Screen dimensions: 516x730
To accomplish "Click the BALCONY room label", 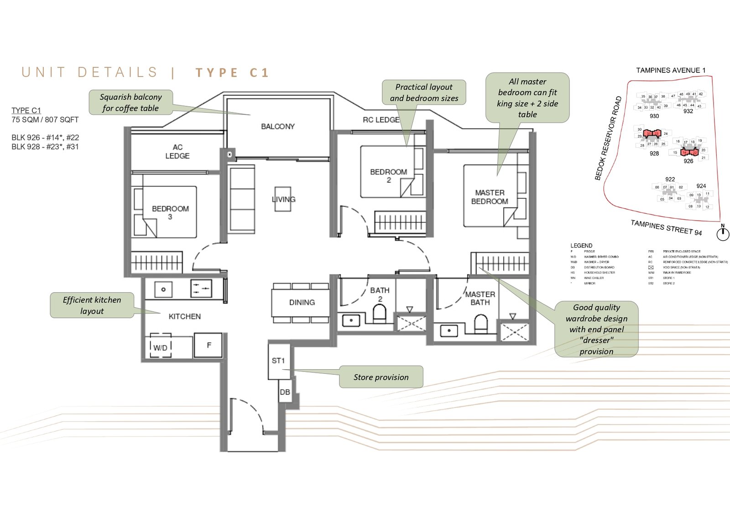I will pyautogui.click(x=277, y=126).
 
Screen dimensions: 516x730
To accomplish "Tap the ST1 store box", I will pyautogui.click(x=278, y=361).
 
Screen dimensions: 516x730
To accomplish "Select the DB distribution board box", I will pyautogui.click(x=285, y=392).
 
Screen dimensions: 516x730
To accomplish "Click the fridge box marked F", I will pyautogui.click(x=209, y=345).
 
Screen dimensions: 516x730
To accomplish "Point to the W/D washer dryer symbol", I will pyautogui.click(x=160, y=347).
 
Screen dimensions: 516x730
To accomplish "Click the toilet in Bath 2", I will pyautogui.click(x=379, y=314).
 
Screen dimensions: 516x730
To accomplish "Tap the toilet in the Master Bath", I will pyautogui.click(x=480, y=324).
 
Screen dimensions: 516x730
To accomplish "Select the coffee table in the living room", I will pyautogui.click(x=283, y=199).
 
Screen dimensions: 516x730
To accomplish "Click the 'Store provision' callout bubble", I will pyautogui.click(x=381, y=377).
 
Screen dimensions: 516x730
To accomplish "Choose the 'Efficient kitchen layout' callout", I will pyautogui.click(x=92, y=305).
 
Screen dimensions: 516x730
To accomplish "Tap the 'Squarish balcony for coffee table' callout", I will pyautogui.click(x=130, y=102).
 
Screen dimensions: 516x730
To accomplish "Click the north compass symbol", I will pyautogui.click(x=722, y=234).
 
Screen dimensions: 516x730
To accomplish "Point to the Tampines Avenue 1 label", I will pyautogui.click(x=671, y=70).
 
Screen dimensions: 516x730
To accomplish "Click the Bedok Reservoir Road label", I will pyautogui.click(x=608, y=138).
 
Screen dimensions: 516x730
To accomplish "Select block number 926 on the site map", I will pyautogui.click(x=688, y=161).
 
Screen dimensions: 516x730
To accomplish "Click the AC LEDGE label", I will pyautogui.click(x=177, y=151).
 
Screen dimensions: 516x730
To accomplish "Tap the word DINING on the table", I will pyautogui.click(x=302, y=302).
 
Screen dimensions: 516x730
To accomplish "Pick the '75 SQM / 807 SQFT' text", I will pyautogui.click(x=45, y=119).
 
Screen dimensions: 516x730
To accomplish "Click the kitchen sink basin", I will pyautogui.click(x=163, y=289).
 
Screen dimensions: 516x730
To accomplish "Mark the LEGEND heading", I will pyautogui.click(x=581, y=245).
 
